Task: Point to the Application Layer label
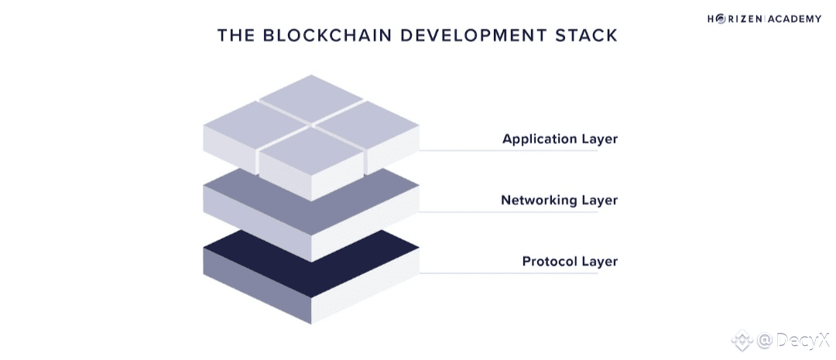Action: pos(560,139)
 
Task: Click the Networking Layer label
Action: pos(559,200)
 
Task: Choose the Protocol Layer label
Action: pos(570,261)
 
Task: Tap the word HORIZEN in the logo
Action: pos(733,19)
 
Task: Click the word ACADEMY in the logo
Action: pos(793,19)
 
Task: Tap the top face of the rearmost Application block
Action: pos(311,99)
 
